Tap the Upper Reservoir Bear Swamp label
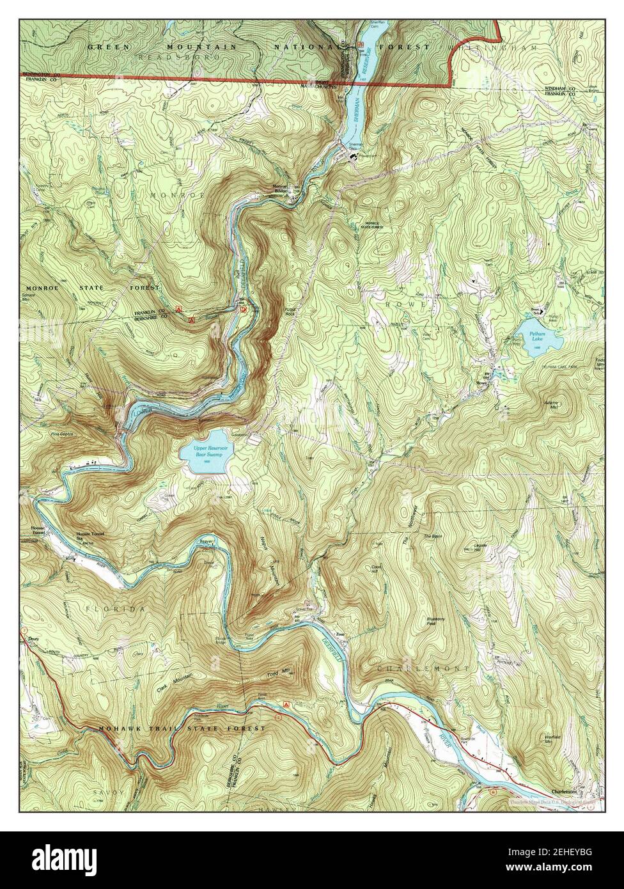coord(204,453)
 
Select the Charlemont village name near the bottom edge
coord(568,791)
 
